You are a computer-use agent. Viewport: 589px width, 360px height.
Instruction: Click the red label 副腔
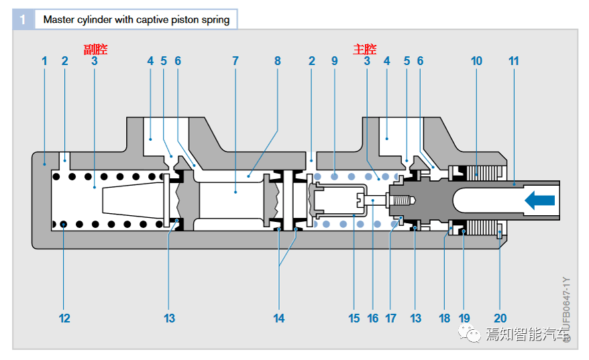click(95, 49)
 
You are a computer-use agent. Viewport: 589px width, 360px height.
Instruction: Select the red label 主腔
click(365, 49)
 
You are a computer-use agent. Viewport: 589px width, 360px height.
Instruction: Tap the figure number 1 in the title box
click(23, 19)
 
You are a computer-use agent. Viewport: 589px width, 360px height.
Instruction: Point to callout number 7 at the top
click(235, 61)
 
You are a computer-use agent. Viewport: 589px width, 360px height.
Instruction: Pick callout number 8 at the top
click(278, 61)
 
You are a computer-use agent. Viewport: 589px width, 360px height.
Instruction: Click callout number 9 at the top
click(334, 61)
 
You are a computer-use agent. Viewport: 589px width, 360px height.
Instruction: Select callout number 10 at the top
click(476, 61)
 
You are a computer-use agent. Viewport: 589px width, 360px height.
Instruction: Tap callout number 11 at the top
click(514, 61)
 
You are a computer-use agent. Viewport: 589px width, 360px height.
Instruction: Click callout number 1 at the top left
click(44, 61)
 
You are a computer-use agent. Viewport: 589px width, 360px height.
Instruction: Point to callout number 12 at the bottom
click(64, 318)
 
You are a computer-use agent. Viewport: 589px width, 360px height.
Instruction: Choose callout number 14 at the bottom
click(279, 318)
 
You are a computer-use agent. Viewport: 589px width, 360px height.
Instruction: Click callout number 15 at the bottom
click(354, 318)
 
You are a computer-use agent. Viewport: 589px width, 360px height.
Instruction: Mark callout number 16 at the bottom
click(373, 318)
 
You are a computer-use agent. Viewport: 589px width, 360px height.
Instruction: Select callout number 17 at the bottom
click(391, 318)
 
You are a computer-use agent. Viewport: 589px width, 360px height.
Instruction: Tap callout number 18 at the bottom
click(445, 318)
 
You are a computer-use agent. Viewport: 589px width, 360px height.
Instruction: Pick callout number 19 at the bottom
click(464, 318)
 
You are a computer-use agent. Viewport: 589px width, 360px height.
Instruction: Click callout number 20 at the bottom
click(500, 318)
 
